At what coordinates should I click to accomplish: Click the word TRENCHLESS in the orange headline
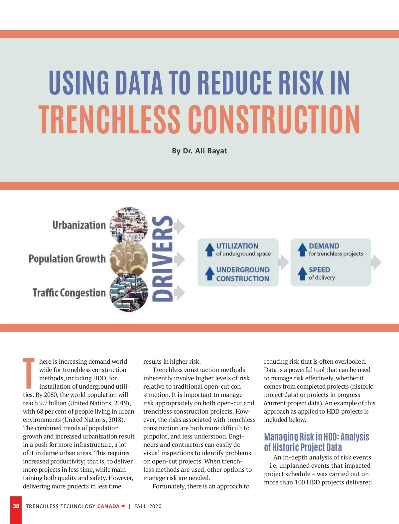109,119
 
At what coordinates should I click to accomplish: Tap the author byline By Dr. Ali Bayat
199,151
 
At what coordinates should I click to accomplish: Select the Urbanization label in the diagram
79,225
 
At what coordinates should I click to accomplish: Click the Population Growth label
67,259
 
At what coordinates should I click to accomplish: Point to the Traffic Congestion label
69,293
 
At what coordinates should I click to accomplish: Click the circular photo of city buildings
129,224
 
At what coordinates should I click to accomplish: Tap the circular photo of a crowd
129,259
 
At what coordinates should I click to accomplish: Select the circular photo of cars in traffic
129,293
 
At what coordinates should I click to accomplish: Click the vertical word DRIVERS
163,259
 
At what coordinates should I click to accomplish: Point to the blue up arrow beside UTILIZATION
210,249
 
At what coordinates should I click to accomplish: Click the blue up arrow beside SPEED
302,273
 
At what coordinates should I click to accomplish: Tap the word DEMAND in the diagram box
324,246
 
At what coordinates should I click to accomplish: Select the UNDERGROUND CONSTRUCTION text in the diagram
243,274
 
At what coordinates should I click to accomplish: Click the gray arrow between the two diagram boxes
284,262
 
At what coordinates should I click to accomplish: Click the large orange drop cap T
29,373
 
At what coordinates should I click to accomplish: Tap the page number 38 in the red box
16,506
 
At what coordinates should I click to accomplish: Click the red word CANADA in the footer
108,506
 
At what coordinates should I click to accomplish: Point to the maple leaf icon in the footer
123,506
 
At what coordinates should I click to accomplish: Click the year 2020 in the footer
155,506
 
